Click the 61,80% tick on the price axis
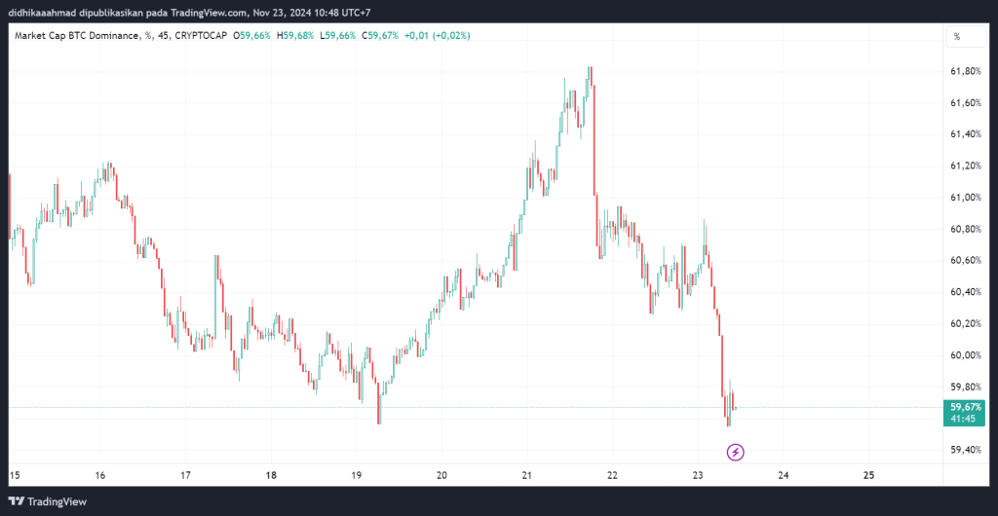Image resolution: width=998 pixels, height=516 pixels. [x=965, y=71]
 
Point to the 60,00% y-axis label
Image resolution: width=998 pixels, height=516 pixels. [x=965, y=355]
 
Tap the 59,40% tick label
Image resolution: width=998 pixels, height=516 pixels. [x=965, y=450]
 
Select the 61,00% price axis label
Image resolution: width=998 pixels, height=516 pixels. [x=965, y=198]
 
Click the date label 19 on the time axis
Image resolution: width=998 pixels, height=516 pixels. [x=357, y=475]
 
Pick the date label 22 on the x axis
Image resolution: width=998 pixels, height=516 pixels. [x=612, y=475]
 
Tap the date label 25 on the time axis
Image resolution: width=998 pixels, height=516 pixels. [x=869, y=475]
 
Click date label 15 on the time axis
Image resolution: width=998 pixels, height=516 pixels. [x=15, y=475]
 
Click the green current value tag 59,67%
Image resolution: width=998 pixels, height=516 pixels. [x=965, y=407]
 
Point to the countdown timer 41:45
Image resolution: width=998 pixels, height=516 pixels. [x=965, y=419]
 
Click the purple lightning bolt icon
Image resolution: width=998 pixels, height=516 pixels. [x=737, y=452]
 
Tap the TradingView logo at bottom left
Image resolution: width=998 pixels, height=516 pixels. [x=49, y=501]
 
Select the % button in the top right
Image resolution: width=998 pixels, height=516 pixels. [x=957, y=36]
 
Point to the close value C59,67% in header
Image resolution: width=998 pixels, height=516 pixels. [x=381, y=36]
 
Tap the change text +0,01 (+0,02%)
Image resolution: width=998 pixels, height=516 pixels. [x=442, y=36]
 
